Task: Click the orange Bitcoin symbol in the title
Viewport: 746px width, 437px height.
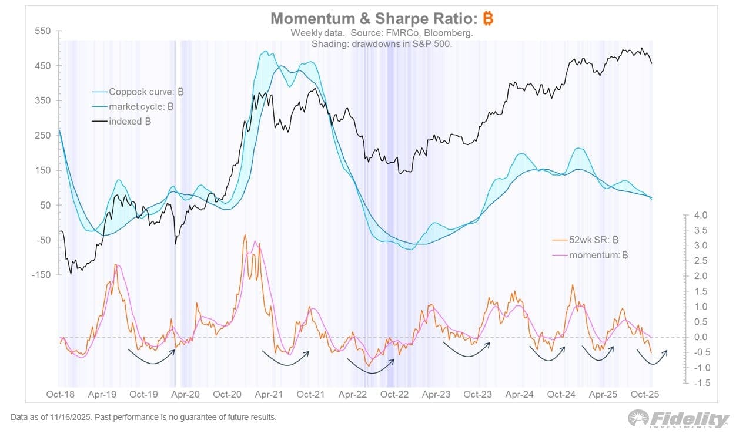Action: click(x=488, y=18)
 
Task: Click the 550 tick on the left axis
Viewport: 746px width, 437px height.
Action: click(x=44, y=31)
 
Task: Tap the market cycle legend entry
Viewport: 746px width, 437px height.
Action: click(x=137, y=107)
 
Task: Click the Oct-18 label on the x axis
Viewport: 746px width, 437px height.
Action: click(x=59, y=394)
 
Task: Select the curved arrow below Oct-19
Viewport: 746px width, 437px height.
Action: click(x=152, y=357)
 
